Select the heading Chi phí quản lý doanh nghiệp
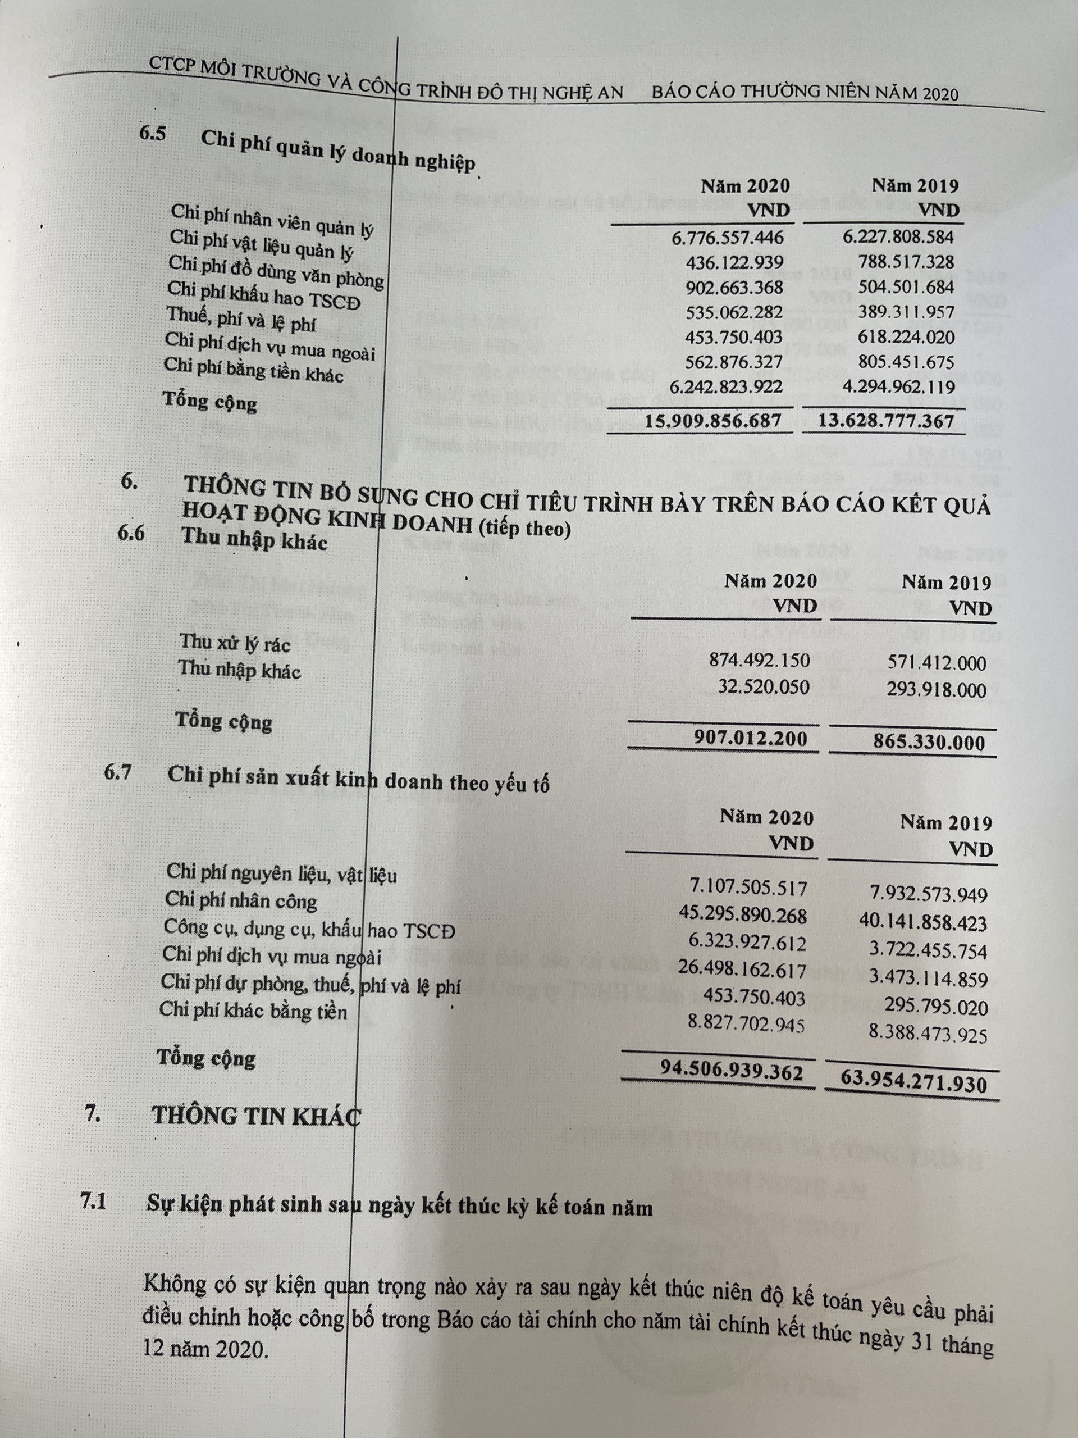point(338,151)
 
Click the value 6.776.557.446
point(728,237)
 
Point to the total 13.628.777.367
point(885,421)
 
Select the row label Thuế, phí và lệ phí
point(241,319)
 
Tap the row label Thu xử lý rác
point(235,643)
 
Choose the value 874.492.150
point(760,661)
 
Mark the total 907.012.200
point(751,738)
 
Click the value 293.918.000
point(937,690)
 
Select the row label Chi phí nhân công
point(241,900)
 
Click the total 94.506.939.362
point(731,1070)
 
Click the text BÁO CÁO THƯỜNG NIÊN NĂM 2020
point(805,92)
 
